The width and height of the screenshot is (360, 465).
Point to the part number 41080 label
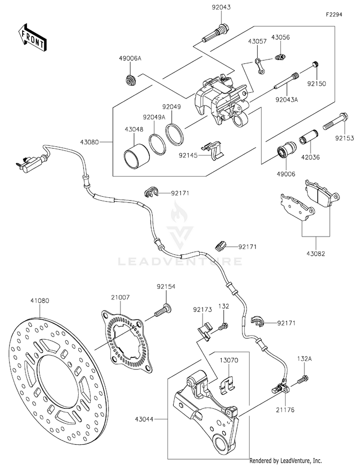pos(40,301)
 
